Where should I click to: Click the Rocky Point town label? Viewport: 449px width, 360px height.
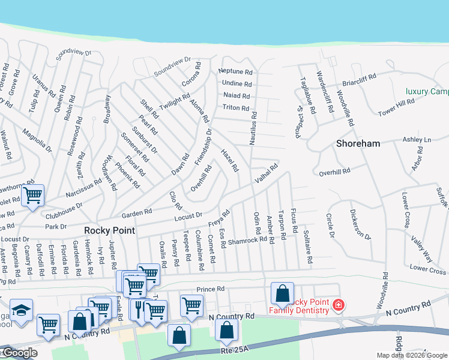point(109,230)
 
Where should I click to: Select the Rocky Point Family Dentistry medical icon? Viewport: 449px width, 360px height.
point(339,305)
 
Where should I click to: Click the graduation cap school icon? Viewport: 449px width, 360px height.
point(21,311)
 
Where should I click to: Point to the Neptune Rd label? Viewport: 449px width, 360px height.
point(236,71)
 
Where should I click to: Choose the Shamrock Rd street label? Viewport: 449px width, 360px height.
point(247,240)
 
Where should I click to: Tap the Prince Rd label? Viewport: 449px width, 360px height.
point(209,289)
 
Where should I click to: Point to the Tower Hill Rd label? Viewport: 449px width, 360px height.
point(396,108)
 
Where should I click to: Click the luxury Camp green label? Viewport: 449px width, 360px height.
point(427,91)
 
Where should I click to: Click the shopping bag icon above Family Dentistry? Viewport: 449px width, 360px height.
point(282,293)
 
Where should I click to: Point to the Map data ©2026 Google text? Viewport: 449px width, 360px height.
point(412,355)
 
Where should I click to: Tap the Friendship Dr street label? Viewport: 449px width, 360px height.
point(203,148)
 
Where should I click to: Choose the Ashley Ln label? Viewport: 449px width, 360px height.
point(417,140)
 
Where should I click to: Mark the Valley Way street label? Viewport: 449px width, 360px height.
point(421,248)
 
